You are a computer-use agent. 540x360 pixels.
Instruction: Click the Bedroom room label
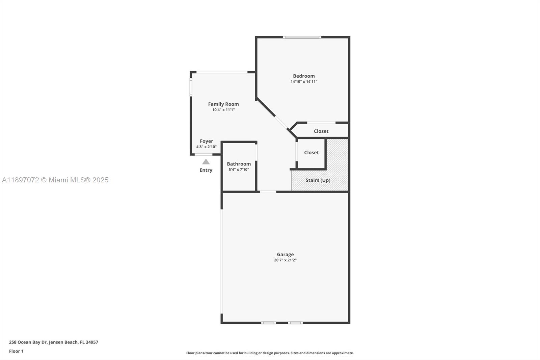(x=304, y=76)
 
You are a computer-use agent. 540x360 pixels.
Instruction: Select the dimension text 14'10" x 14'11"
(x=304, y=82)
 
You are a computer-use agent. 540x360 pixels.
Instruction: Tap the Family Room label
(x=223, y=104)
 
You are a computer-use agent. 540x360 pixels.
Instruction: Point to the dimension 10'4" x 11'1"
(x=223, y=110)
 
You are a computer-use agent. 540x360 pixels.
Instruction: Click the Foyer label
(x=206, y=141)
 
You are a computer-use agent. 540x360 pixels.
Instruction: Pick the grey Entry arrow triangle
(x=206, y=162)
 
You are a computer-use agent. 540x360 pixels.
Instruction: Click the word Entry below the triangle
(x=206, y=170)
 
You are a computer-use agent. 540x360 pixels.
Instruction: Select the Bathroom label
(x=239, y=164)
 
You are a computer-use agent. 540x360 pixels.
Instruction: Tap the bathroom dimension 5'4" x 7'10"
(x=239, y=170)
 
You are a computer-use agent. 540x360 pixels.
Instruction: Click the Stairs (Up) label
(x=318, y=180)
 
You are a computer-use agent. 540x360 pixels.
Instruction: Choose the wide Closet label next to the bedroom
(x=321, y=131)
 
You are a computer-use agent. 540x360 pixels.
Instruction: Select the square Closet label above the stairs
(x=311, y=153)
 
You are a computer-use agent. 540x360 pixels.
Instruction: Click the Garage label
(x=285, y=254)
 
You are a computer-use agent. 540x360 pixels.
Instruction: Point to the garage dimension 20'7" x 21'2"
(x=285, y=260)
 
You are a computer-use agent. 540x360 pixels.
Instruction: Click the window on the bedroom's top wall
(x=302, y=37)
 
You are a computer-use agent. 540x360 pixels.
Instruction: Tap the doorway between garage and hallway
(x=268, y=192)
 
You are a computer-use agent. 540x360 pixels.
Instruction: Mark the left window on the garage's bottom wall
(x=268, y=323)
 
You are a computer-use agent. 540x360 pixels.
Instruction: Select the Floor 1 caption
(x=16, y=351)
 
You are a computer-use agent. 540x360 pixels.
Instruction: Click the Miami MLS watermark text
(x=55, y=180)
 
